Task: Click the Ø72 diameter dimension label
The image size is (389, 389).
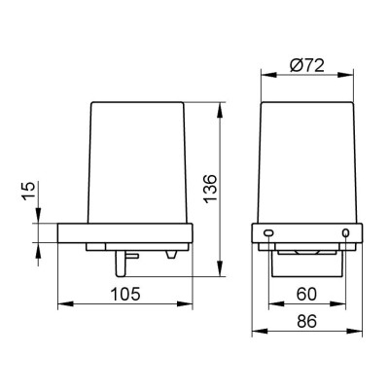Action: coord(307,66)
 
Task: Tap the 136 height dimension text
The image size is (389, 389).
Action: coord(210,189)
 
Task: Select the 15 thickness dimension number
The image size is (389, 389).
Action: coord(29,191)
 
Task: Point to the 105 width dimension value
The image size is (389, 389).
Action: coord(125,294)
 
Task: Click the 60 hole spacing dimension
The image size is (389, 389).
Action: coord(306,294)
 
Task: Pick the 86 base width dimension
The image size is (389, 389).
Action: coord(306,322)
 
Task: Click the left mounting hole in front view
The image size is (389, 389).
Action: coord(268,232)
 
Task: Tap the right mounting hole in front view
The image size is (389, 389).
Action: coord(346,232)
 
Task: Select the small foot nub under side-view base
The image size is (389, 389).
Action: coord(171,255)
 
